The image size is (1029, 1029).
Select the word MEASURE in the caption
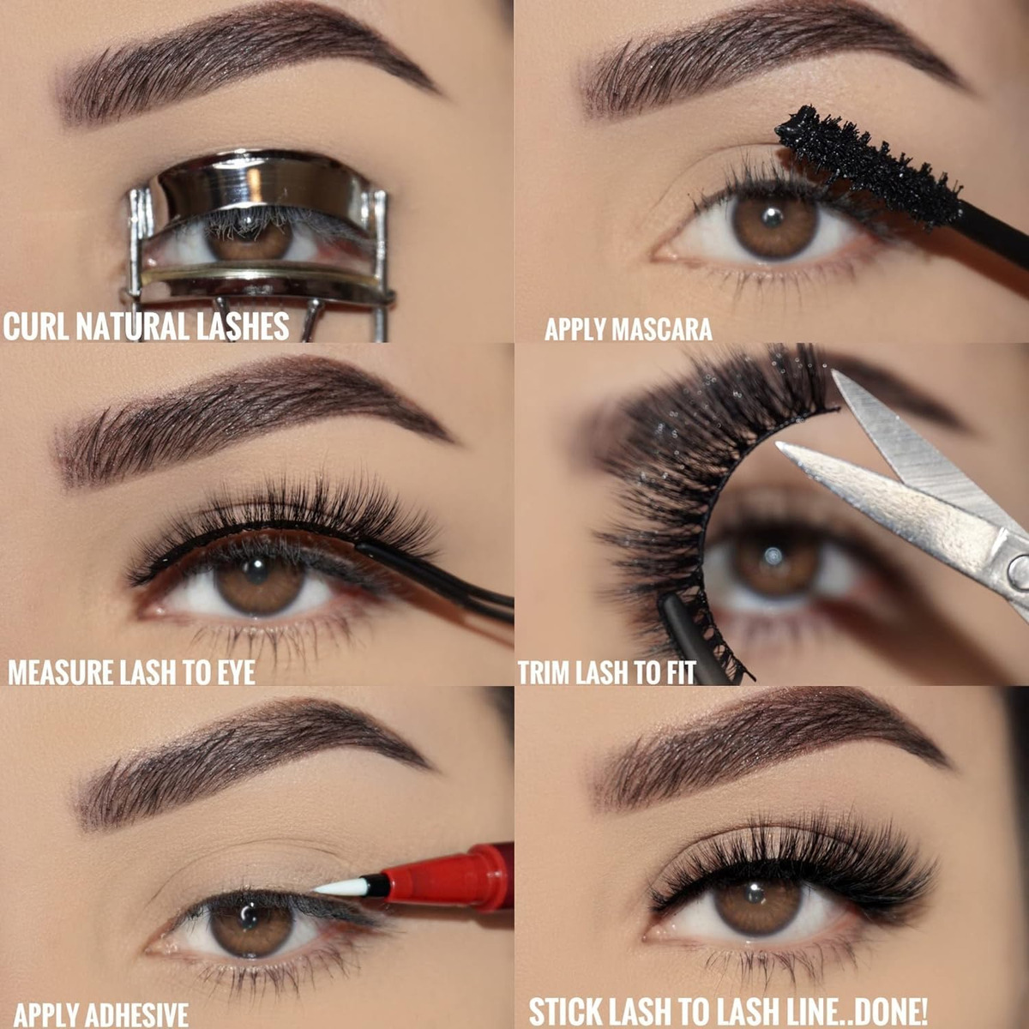[x=60, y=672]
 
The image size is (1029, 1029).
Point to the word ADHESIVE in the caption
[x=137, y=1014]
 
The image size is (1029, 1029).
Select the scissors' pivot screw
[x=1020, y=567]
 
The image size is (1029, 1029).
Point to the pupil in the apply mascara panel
[x=773, y=217]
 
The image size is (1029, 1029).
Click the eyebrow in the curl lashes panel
[x=245, y=64]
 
